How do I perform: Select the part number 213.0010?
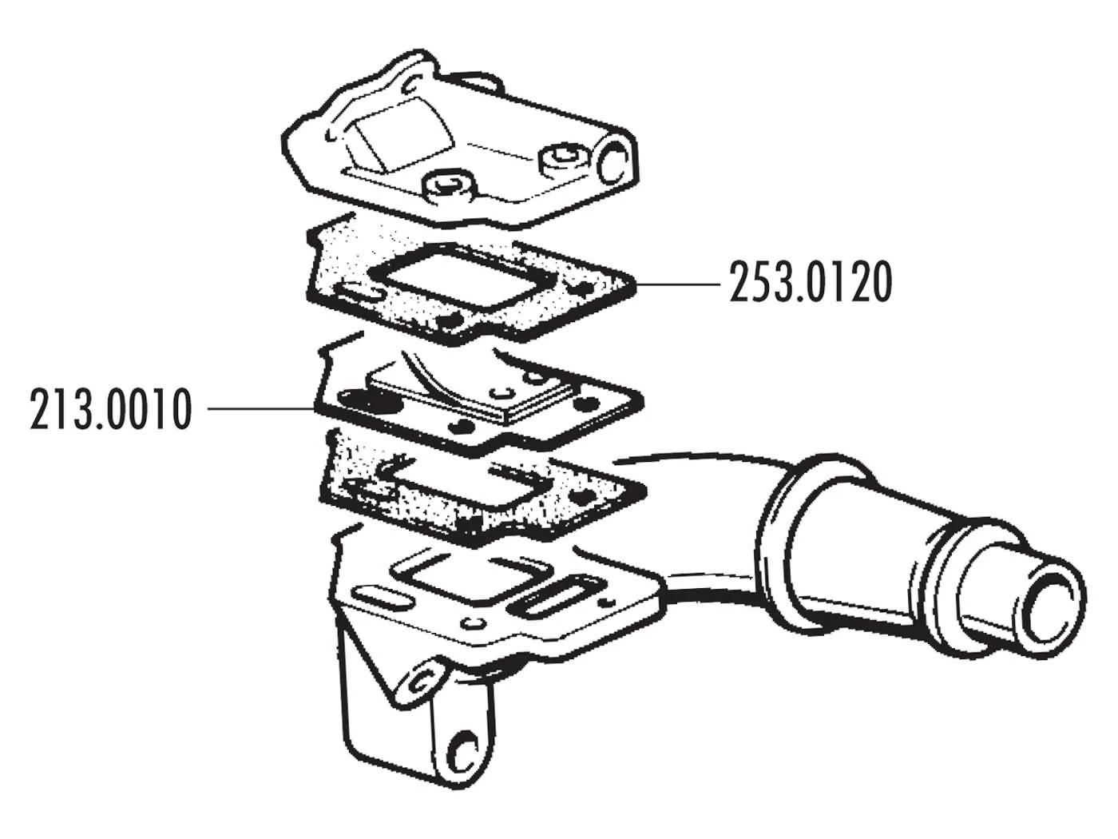112,409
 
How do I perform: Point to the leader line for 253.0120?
679,283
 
